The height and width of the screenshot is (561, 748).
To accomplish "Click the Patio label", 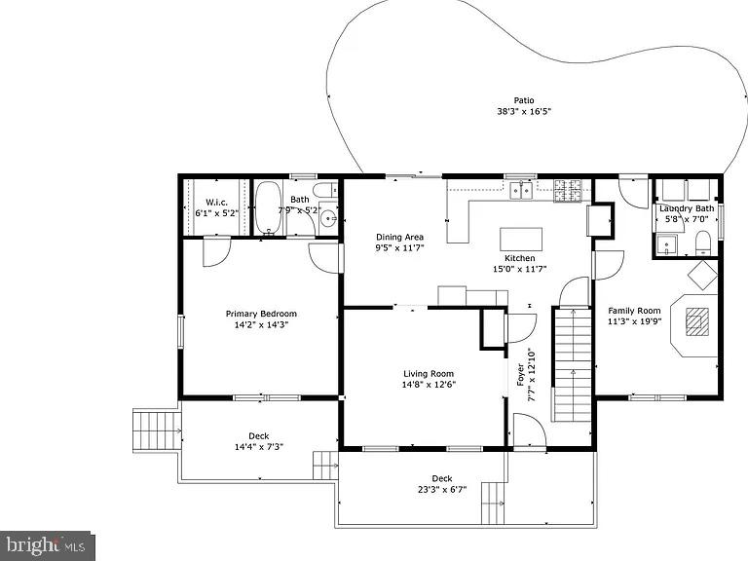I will [524, 100].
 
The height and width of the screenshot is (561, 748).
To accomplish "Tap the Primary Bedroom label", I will [261, 314].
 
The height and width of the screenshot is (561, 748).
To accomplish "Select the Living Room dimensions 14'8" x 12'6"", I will [429, 384].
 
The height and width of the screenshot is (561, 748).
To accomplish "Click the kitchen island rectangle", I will [521, 239].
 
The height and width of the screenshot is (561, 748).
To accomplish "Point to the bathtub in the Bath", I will [268, 208].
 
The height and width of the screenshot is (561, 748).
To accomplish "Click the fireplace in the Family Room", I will [696, 321].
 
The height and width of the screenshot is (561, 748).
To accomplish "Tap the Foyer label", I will [520, 375].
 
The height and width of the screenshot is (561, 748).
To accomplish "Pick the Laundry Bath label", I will [687, 208].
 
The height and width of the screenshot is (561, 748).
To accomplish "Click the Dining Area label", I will [399, 237].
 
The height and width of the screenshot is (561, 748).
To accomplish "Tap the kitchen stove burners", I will [568, 190].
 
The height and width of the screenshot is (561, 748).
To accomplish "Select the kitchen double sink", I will [521, 190].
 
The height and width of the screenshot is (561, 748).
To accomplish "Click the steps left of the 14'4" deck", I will [157, 429].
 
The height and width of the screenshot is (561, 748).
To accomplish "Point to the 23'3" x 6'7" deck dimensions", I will [442, 490].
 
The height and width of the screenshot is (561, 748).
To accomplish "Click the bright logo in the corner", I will [47, 545].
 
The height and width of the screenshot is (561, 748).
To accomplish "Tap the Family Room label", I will [634, 311].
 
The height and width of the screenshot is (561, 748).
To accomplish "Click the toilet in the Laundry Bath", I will [702, 241].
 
